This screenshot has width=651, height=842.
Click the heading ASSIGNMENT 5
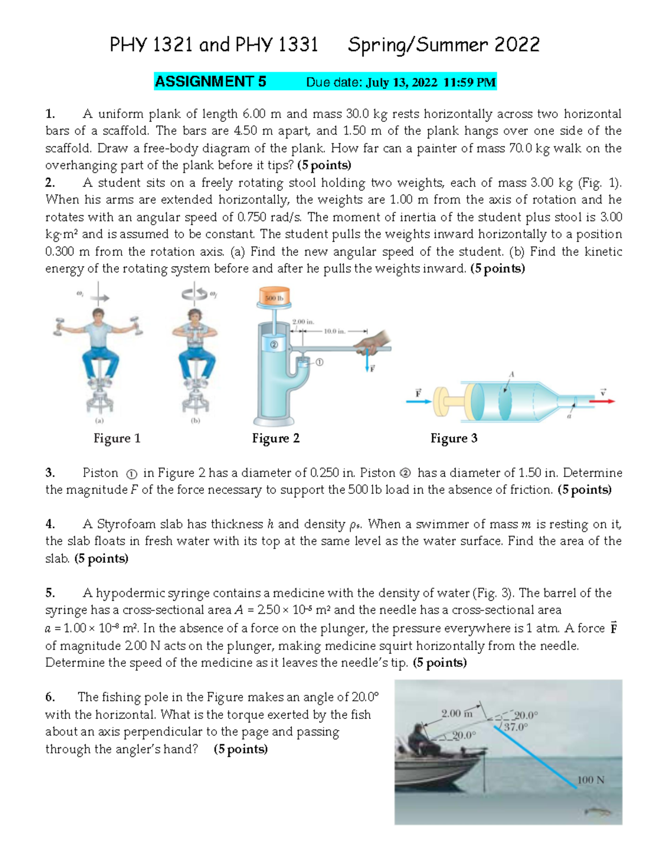pos(210,82)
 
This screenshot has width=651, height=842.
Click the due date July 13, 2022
pos(401,82)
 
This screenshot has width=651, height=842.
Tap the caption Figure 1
pos(117,438)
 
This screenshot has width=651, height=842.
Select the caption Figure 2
pos(276,438)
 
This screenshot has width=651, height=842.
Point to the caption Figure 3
pos(454,438)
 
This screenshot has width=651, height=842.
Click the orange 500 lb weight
pos(275,297)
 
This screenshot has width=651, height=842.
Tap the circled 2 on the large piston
pos(274,344)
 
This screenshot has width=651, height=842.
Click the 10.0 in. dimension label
pos(334,331)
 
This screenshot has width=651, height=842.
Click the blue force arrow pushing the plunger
pos(419,402)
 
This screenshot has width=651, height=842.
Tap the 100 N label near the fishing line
pos(590,780)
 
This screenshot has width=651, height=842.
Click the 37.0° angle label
pos(515,728)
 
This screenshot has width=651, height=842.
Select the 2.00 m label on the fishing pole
pos(457,714)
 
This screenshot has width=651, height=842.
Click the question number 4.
pos(50,524)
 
